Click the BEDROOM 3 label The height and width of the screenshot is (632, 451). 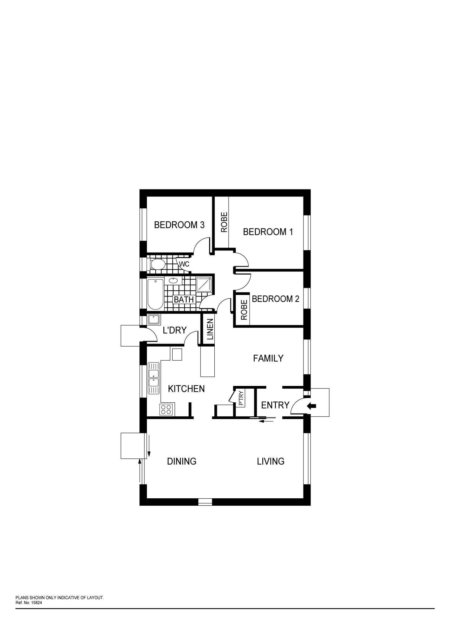click(179, 225)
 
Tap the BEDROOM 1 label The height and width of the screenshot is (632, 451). click(268, 232)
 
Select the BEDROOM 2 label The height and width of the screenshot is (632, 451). click(276, 299)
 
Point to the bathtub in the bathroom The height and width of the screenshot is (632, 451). click(155, 294)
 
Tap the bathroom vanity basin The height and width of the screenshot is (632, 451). click(173, 281)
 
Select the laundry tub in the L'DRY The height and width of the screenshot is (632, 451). click(153, 319)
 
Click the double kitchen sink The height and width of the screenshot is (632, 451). click(154, 378)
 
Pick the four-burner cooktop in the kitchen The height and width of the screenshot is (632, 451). click(166, 409)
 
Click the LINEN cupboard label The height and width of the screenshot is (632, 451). click(210, 329)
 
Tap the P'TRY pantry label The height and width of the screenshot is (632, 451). click(241, 398)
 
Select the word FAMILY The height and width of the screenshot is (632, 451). click(268, 358)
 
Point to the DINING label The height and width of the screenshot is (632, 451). click(182, 461)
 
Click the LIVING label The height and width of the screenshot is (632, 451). click(271, 461)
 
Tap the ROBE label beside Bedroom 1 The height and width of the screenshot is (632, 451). click(224, 222)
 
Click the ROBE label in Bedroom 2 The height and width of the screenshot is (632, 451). click(244, 310)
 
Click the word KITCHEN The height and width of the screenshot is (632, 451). click(186, 389)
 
